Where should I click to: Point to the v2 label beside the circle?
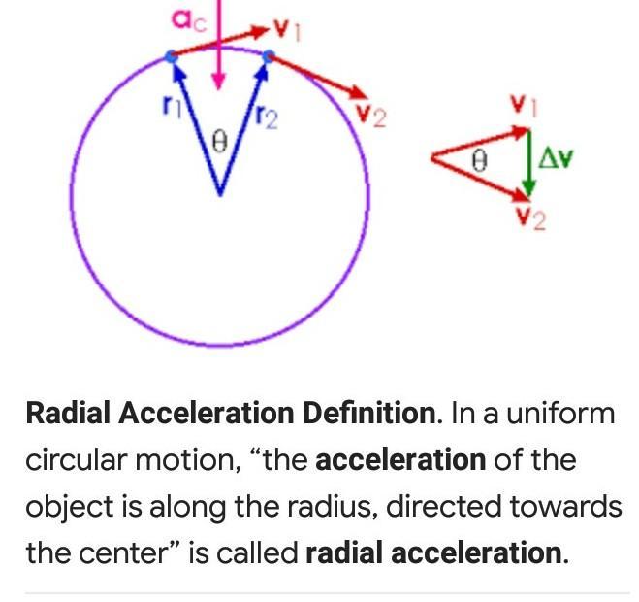click(x=370, y=117)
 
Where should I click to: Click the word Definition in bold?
click(x=367, y=413)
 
